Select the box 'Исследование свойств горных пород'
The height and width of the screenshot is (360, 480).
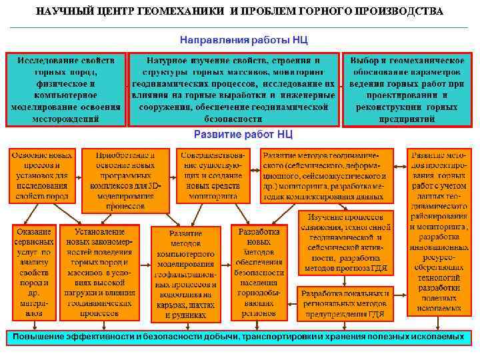coord(66,89)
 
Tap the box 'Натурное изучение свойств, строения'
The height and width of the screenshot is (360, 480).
coord(233,89)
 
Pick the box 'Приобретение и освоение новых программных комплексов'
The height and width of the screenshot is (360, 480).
coord(125,179)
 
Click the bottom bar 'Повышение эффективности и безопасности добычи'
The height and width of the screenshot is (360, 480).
coord(238,337)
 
